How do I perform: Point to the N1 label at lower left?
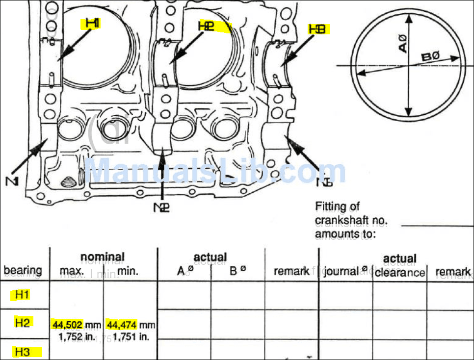click(12, 181)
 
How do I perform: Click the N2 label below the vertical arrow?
click(162, 207)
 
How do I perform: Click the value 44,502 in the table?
click(67, 325)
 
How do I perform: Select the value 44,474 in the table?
click(121, 325)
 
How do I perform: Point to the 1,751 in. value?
click(131, 337)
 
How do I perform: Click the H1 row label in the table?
click(23, 295)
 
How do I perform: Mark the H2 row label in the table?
click(23, 322)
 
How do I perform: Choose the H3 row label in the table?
click(23, 352)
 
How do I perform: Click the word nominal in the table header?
click(102, 257)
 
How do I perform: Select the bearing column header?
click(23, 270)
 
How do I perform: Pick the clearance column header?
click(399, 272)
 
